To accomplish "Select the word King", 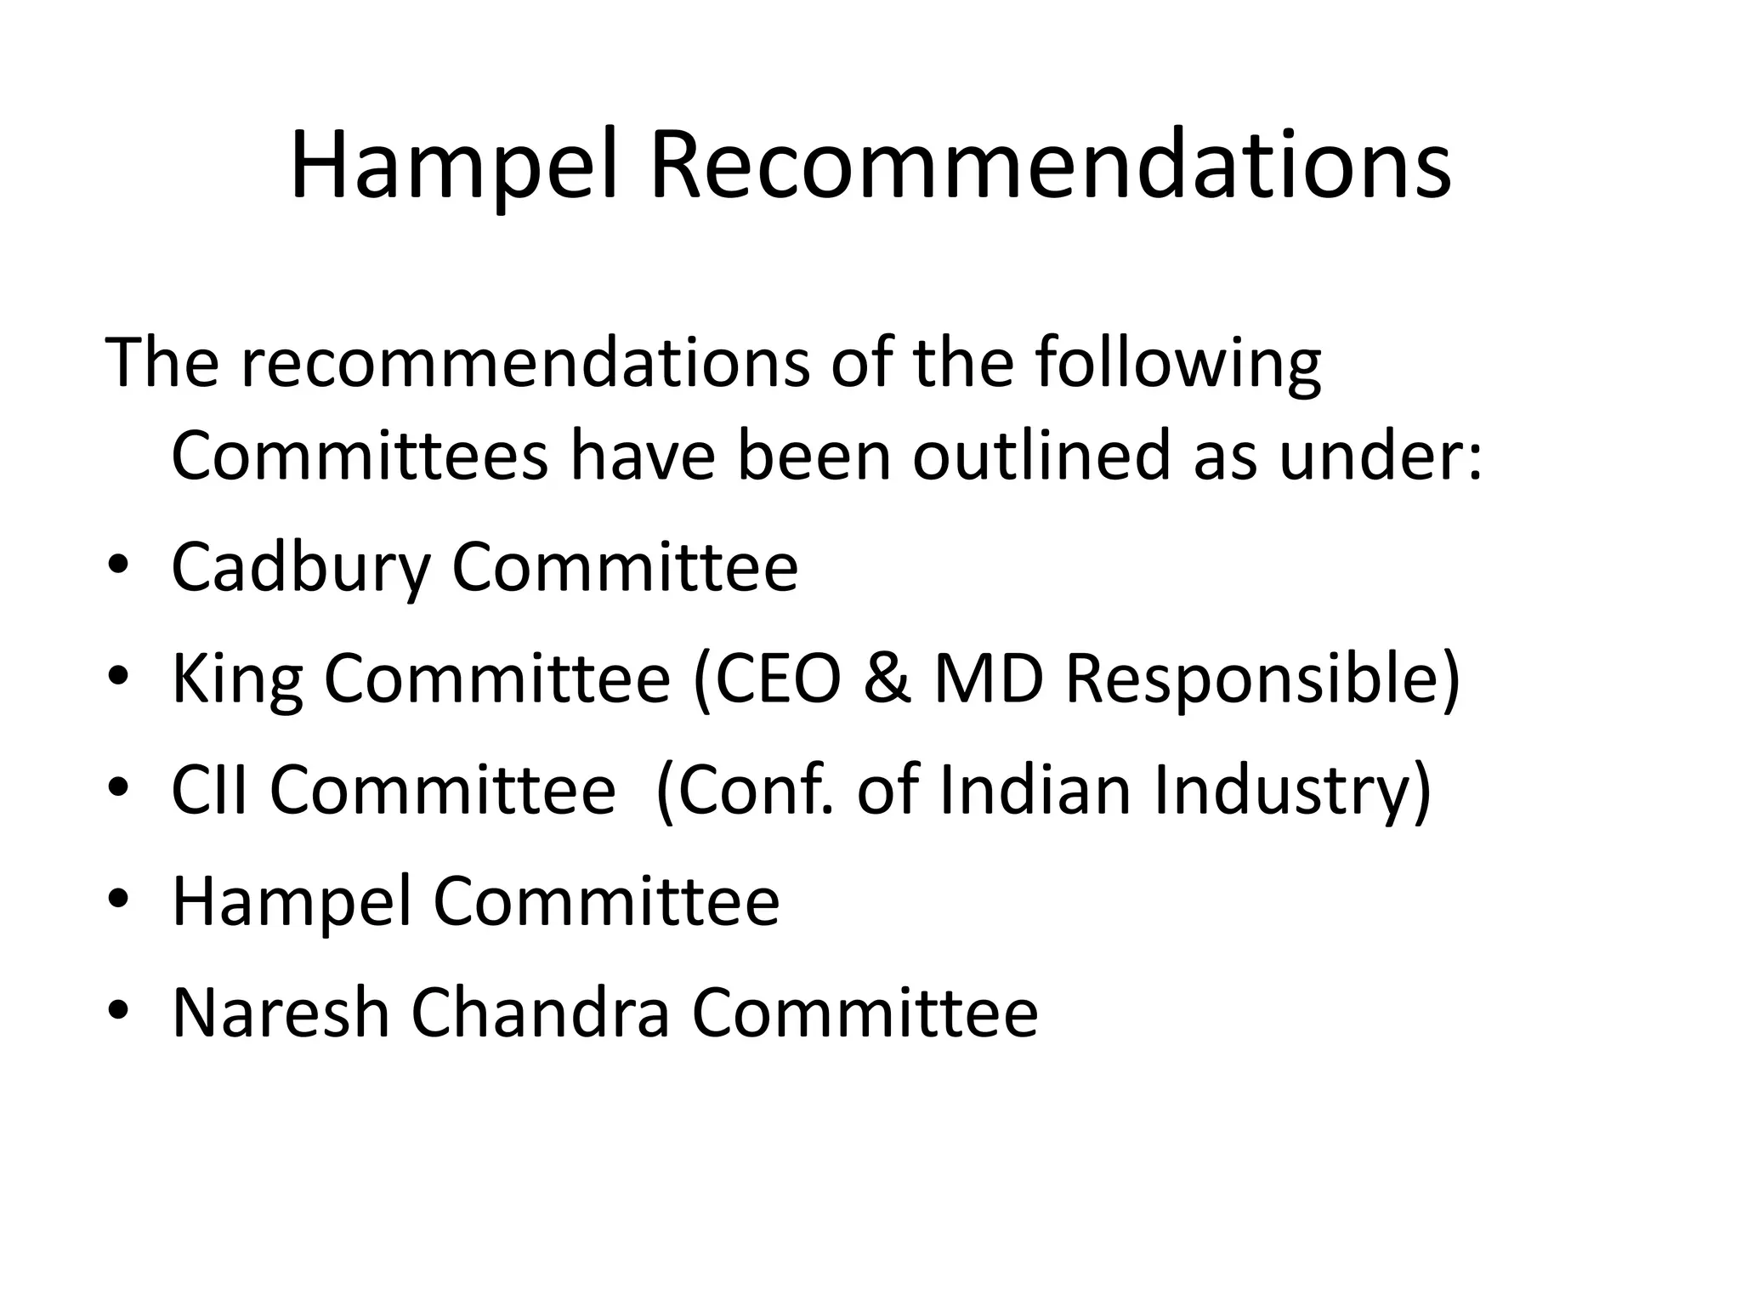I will point(237,680).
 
